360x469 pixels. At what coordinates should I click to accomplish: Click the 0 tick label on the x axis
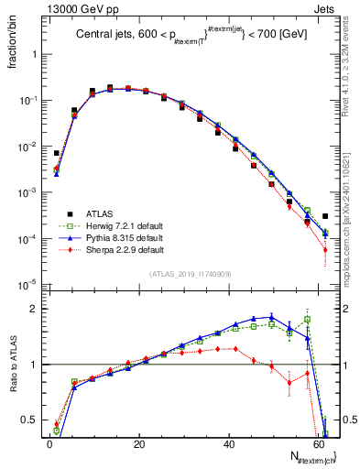click(x=49, y=442)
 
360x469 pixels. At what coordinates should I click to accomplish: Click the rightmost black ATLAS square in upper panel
click(x=325, y=216)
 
